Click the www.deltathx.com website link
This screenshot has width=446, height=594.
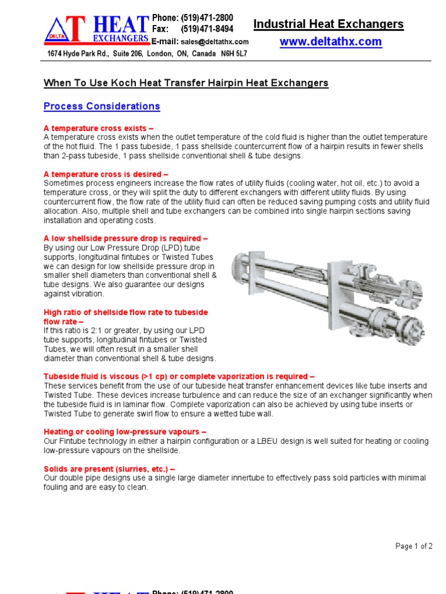pos(331,42)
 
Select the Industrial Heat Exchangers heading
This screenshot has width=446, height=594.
pos(329,24)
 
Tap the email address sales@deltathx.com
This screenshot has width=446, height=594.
pos(214,42)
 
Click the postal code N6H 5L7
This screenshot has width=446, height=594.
pos(233,54)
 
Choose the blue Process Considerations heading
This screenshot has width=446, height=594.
pos(102,107)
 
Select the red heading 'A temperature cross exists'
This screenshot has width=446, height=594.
pos(99,128)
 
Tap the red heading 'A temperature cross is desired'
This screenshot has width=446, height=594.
pos(106,173)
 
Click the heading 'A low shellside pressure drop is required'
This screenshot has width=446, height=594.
pos(125,238)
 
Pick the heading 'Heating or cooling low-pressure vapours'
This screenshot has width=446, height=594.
pos(125,432)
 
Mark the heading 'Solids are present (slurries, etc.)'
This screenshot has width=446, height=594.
pos(109,469)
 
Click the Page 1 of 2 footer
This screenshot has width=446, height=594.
pos(413,546)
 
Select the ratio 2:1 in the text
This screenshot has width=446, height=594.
pos(89,331)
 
